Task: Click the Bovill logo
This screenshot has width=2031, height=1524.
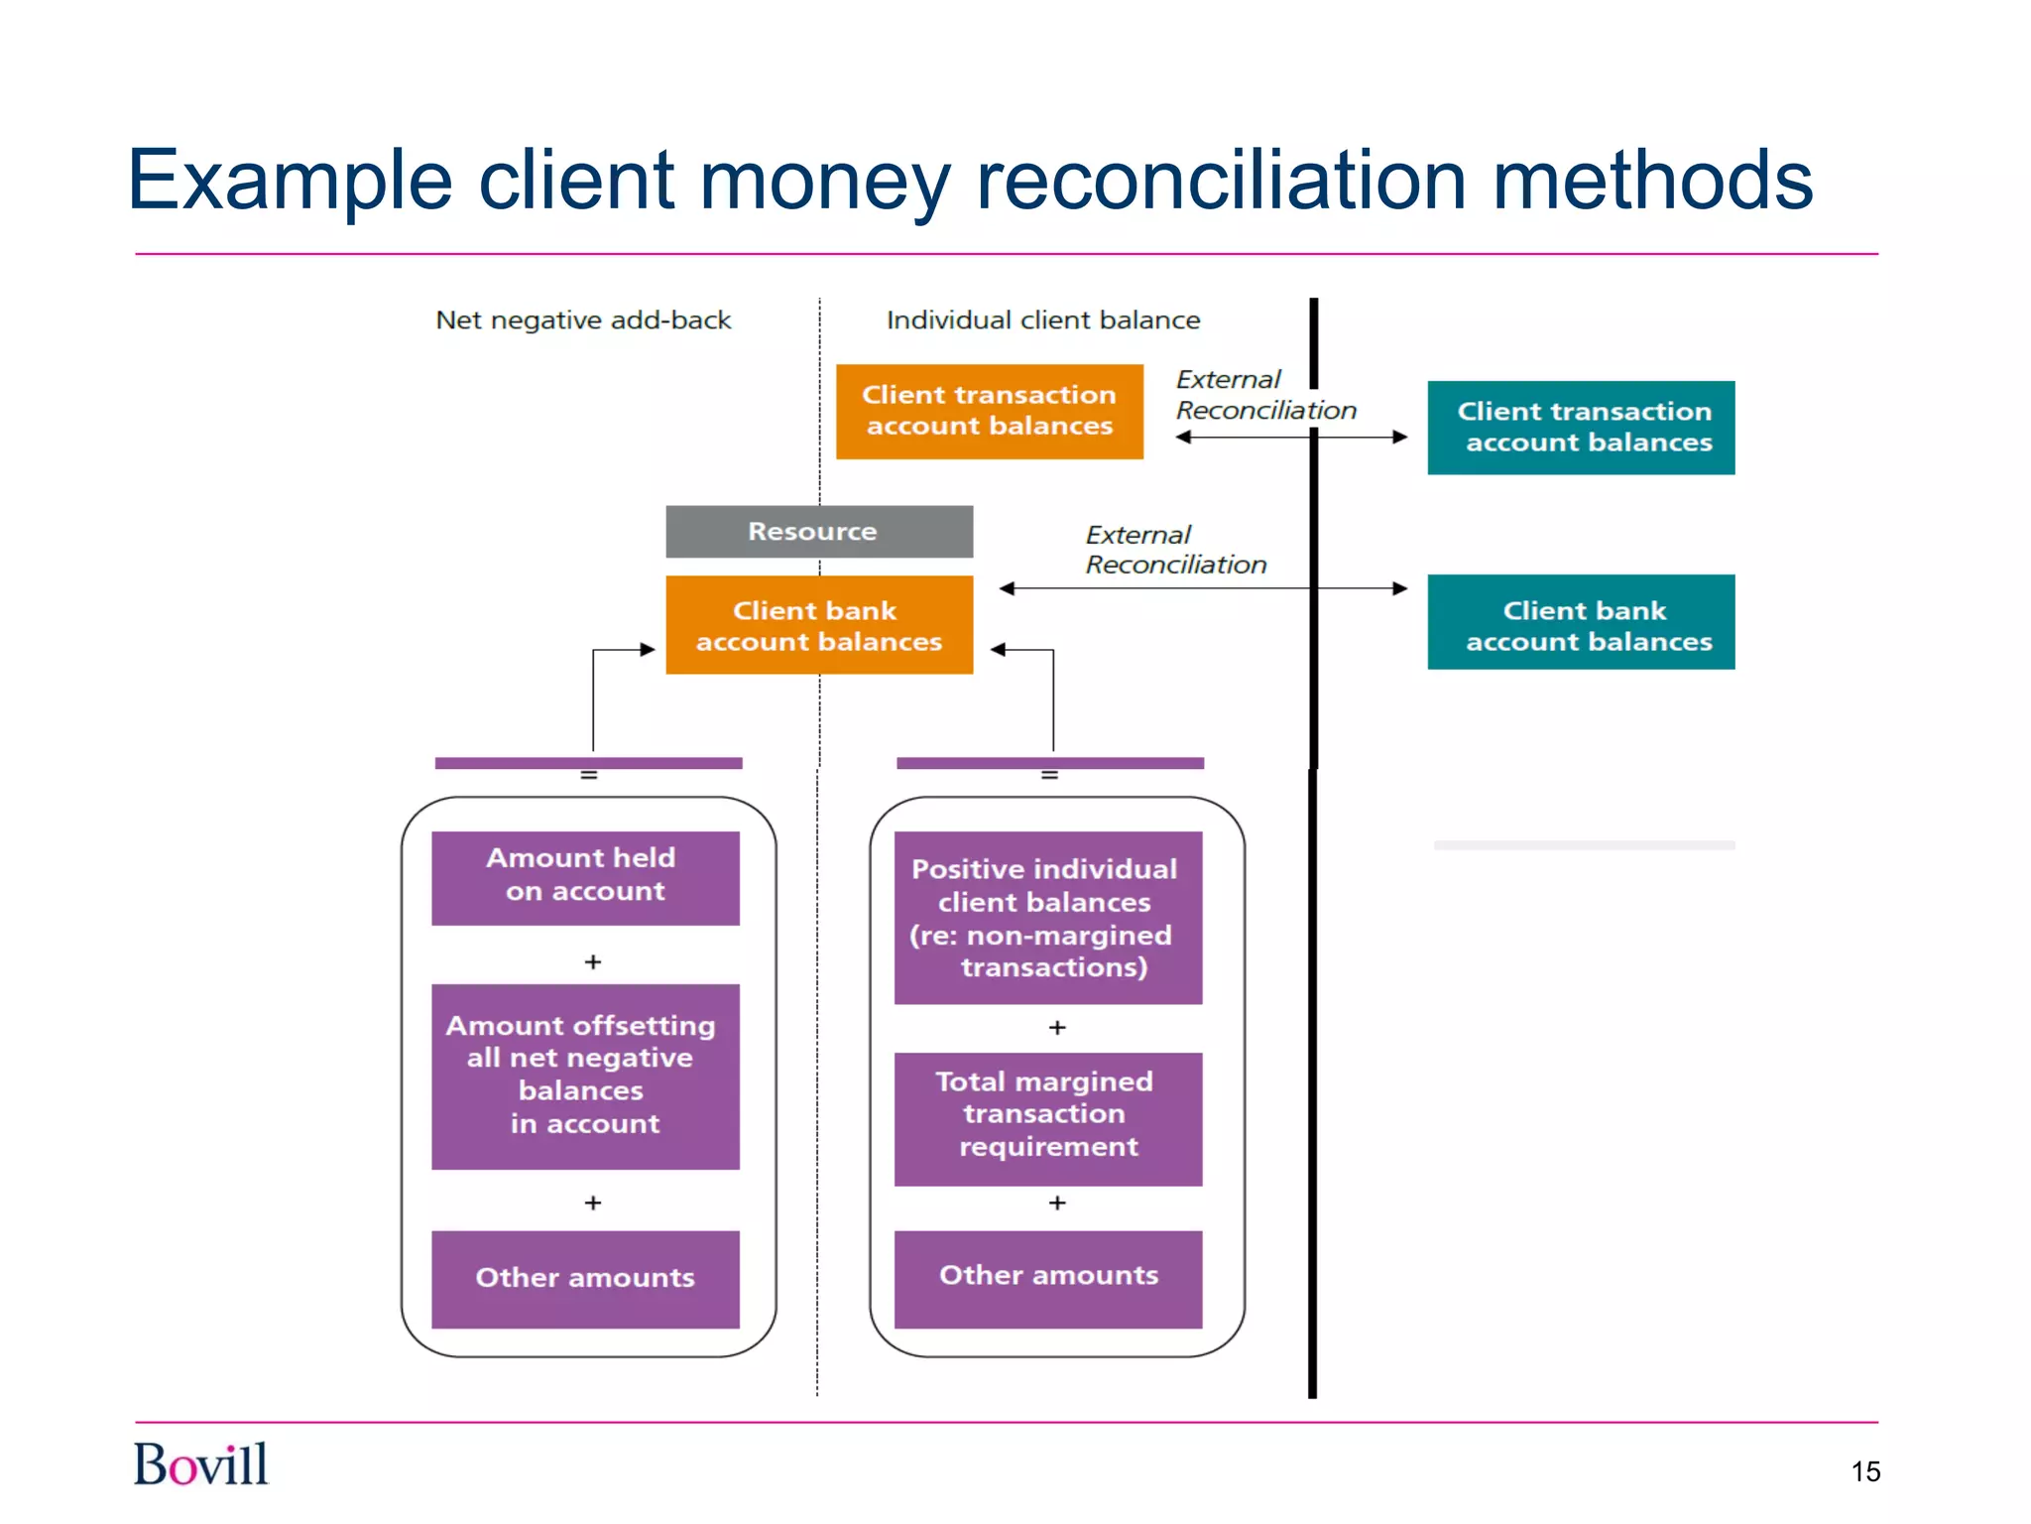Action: [x=200, y=1464]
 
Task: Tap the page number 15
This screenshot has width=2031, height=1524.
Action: [x=1864, y=1471]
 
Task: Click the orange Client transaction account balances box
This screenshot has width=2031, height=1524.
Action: [x=989, y=411]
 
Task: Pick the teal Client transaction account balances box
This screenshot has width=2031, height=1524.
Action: [x=1581, y=428]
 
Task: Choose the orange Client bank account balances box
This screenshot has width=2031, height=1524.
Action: [x=818, y=625]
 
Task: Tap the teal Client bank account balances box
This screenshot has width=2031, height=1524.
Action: [x=1581, y=622]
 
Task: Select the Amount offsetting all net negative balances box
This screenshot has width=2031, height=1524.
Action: [x=585, y=1076]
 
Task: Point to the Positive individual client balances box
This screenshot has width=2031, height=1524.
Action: [x=1047, y=918]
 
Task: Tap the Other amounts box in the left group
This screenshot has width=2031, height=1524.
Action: [x=585, y=1279]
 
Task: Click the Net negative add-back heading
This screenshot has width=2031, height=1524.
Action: [x=583, y=320]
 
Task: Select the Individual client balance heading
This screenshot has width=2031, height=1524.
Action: [x=1042, y=320]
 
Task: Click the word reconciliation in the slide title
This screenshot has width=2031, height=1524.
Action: [x=1222, y=182]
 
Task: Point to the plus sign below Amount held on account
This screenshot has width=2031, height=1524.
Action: [x=593, y=962]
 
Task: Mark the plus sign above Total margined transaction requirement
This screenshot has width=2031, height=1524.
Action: [x=1057, y=1028]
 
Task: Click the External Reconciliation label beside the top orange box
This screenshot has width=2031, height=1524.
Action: [x=1264, y=395]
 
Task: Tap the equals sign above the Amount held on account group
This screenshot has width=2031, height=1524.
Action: [x=589, y=776]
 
